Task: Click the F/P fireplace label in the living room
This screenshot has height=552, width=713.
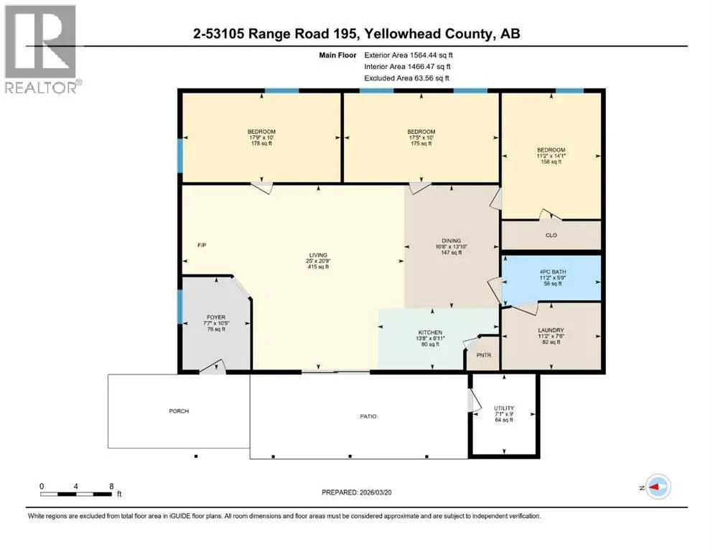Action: pyautogui.click(x=202, y=245)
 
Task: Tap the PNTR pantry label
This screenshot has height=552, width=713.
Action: pyautogui.click(x=484, y=355)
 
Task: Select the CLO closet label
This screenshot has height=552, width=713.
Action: pyautogui.click(x=551, y=235)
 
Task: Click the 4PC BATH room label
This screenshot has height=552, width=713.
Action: pyautogui.click(x=553, y=272)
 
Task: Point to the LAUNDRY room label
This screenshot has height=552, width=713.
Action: pyautogui.click(x=551, y=330)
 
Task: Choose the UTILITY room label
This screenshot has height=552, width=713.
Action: pyautogui.click(x=504, y=408)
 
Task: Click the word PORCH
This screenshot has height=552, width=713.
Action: pyautogui.click(x=179, y=411)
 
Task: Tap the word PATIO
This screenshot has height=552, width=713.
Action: pyautogui.click(x=368, y=416)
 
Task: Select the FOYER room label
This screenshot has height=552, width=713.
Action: pyautogui.click(x=216, y=317)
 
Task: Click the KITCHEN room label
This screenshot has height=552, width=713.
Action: pyautogui.click(x=430, y=333)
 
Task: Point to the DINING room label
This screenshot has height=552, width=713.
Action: pyautogui.click(x=452, y=241)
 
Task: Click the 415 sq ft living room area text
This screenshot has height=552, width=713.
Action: pyautogui.click(x=318, y=267)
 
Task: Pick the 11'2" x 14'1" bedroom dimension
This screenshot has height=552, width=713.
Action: pyautogui.click(x=551, y=156)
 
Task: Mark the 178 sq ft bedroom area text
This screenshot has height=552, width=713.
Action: pyautogui.click(x=261, y=143)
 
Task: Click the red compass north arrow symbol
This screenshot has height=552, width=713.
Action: pyautogui.click(x=656, y=487)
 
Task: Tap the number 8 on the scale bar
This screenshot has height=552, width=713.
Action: pyautogui.click(x=111, y=487)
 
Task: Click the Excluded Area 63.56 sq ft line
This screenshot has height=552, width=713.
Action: pyautogui.click(x=406, y=78)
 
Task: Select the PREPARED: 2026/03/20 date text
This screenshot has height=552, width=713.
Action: pyautogui.click(x=356, y=492)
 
